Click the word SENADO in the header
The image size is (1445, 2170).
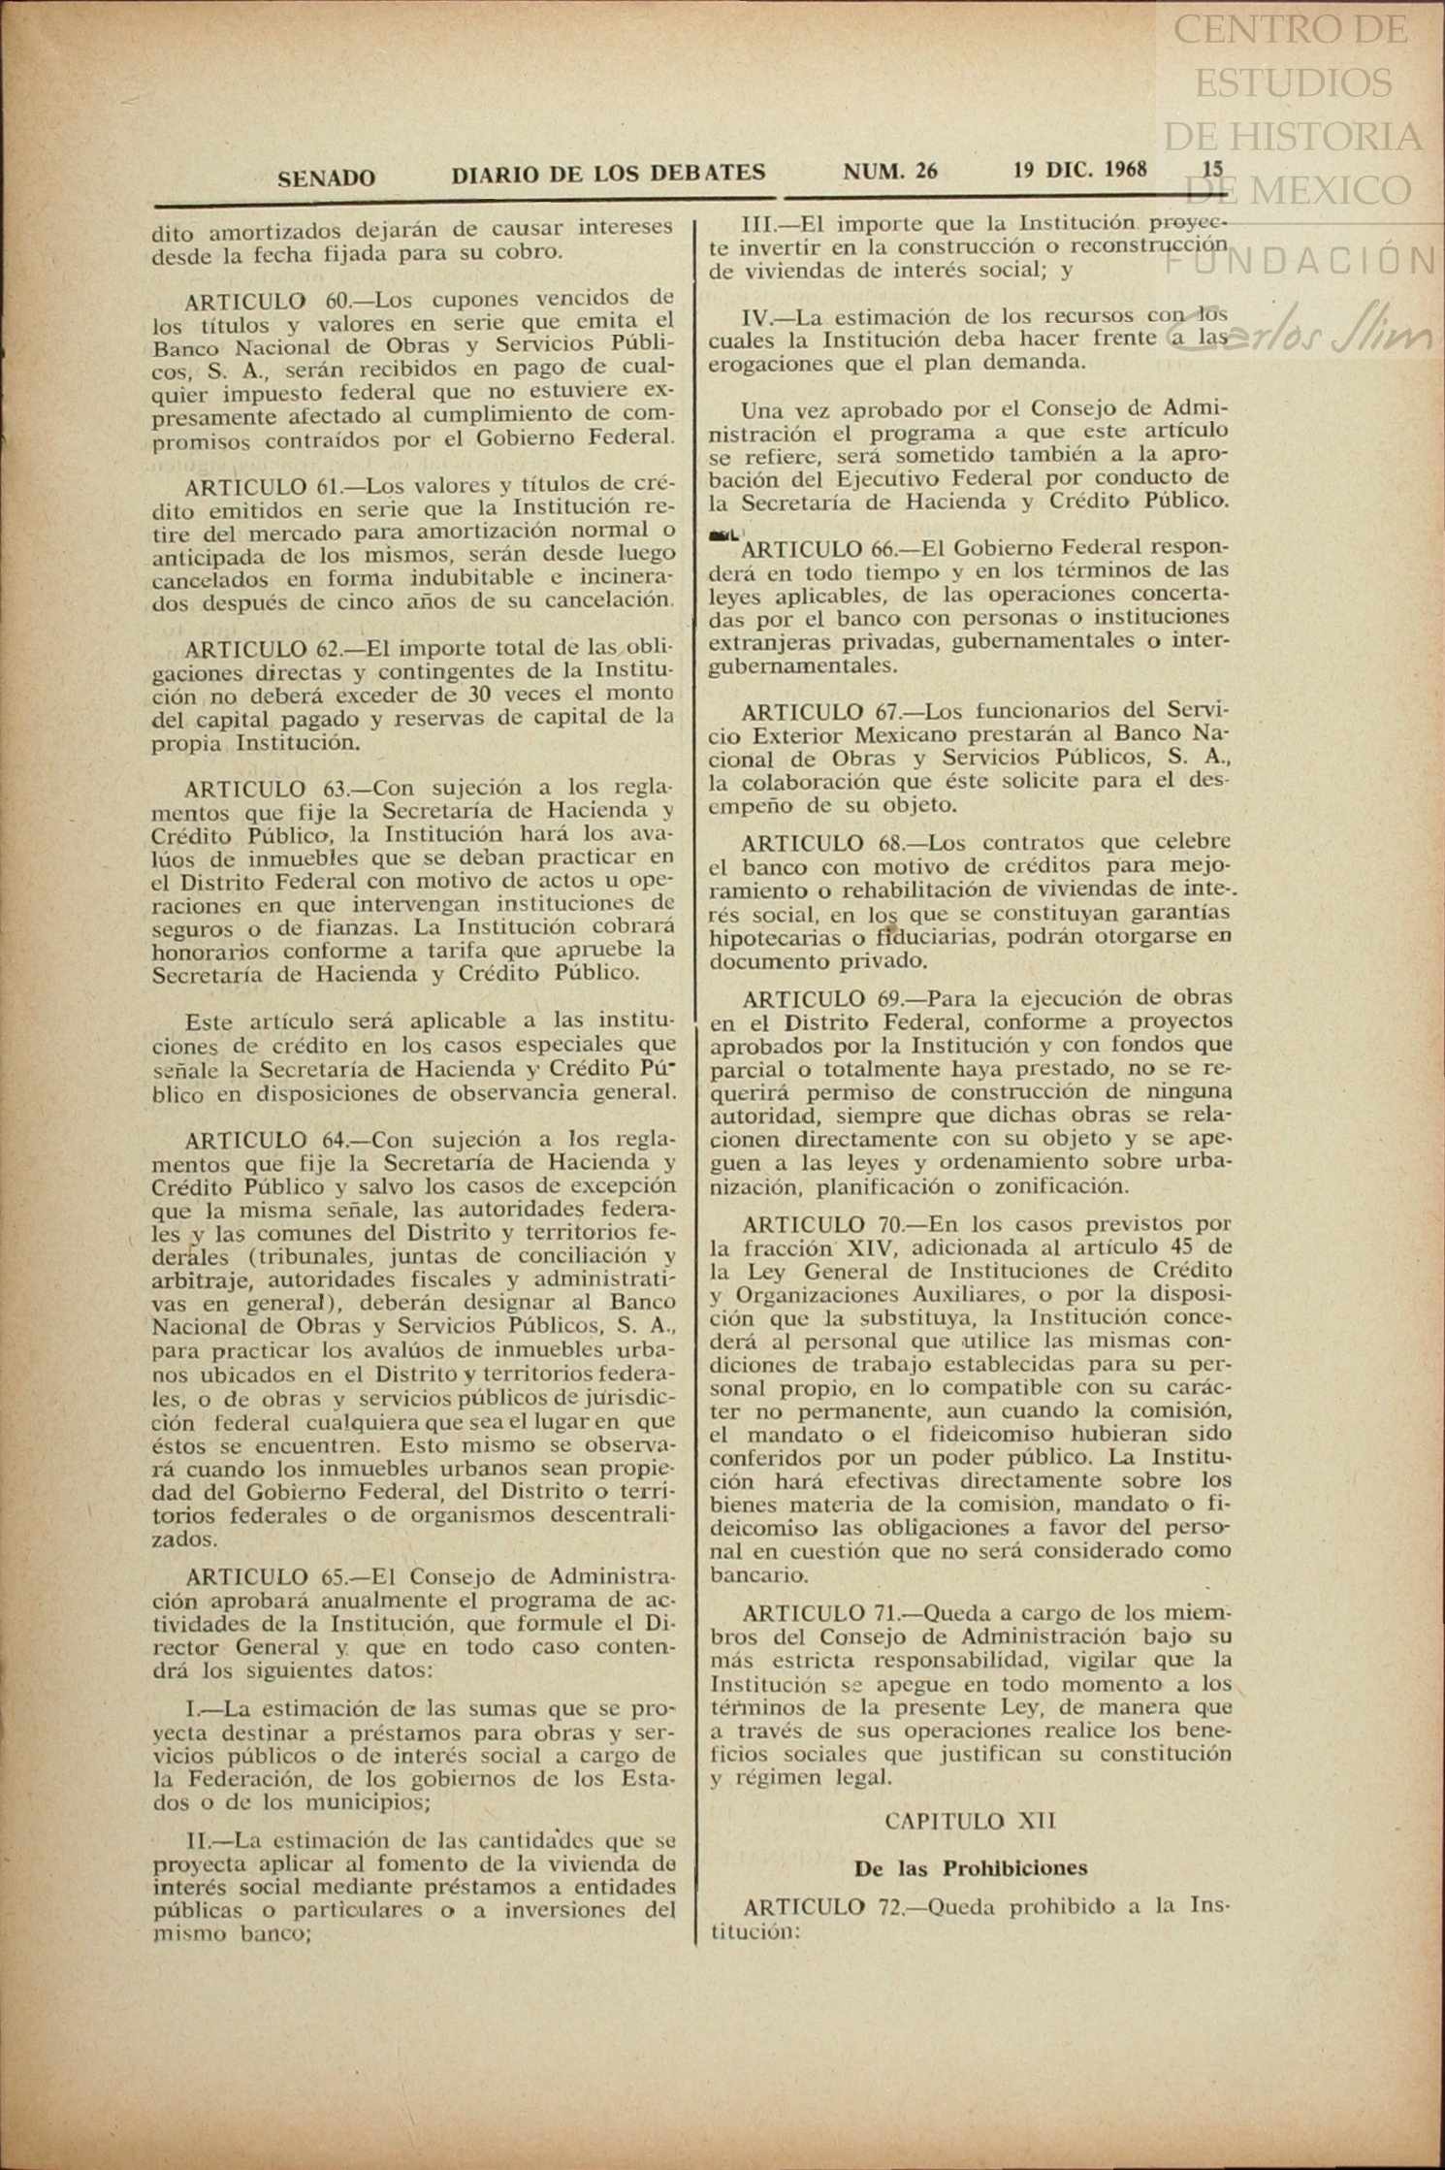pos(326,178)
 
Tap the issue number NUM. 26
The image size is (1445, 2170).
pos(889,172)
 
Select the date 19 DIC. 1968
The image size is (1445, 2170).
pos(1079,170)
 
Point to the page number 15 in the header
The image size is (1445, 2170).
pos(1212,168)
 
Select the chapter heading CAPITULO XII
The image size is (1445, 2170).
pos(956,1822)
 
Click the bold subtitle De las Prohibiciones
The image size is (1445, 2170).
pos(971,1868)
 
